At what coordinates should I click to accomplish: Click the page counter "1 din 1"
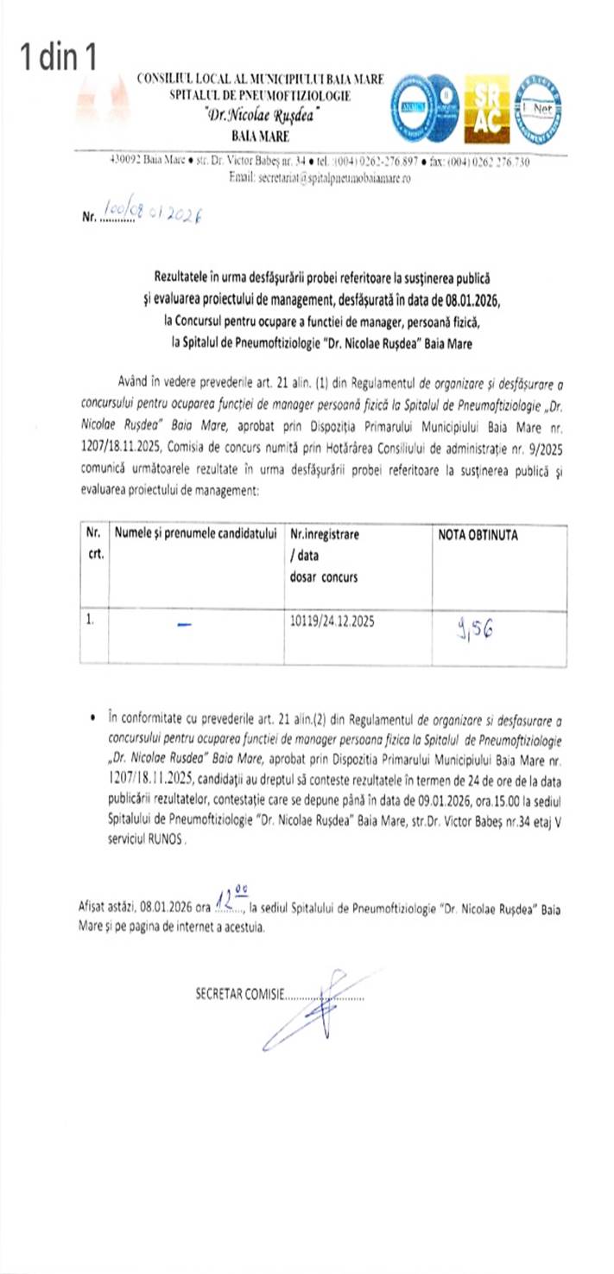click(x=59, y=58)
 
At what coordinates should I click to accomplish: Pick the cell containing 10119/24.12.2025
click(x=332, y=620)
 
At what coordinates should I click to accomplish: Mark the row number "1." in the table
click(x=91, y=620)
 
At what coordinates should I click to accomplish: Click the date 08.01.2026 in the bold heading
click(x=465, y=300)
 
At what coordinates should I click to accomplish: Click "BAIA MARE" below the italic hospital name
click(x=261, y=137)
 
